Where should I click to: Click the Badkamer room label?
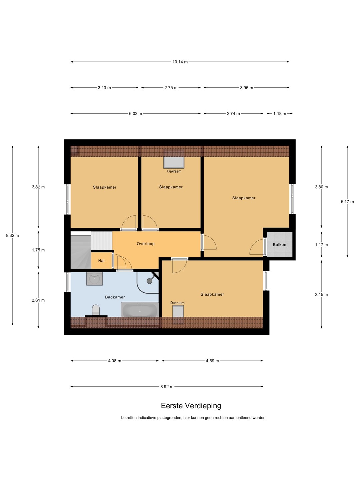tap(115, 297)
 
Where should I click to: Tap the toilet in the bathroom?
tap(96, 310)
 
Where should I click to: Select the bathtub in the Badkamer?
tap(140, 309)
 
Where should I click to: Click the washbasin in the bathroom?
tap(94, 279)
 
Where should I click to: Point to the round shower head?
tap(150, 281)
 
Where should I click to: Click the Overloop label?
tap(146, 244)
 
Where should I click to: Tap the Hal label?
tap(101, 261)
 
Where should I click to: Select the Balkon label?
tap(279, 245)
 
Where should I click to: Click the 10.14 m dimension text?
tap(180, 62)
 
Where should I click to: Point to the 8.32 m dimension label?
tap(12, 236)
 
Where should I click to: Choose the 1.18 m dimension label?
tap(280, 113)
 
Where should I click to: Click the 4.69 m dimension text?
tap(212, 361)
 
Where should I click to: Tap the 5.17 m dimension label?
tap(347, 202)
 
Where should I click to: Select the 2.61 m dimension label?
tap(38, 300)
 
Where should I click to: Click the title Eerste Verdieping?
tap(191, 406)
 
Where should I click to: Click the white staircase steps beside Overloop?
tap(101, 241)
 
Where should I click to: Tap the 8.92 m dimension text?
tap(167, 387)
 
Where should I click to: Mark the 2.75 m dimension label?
tap(171, 88)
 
